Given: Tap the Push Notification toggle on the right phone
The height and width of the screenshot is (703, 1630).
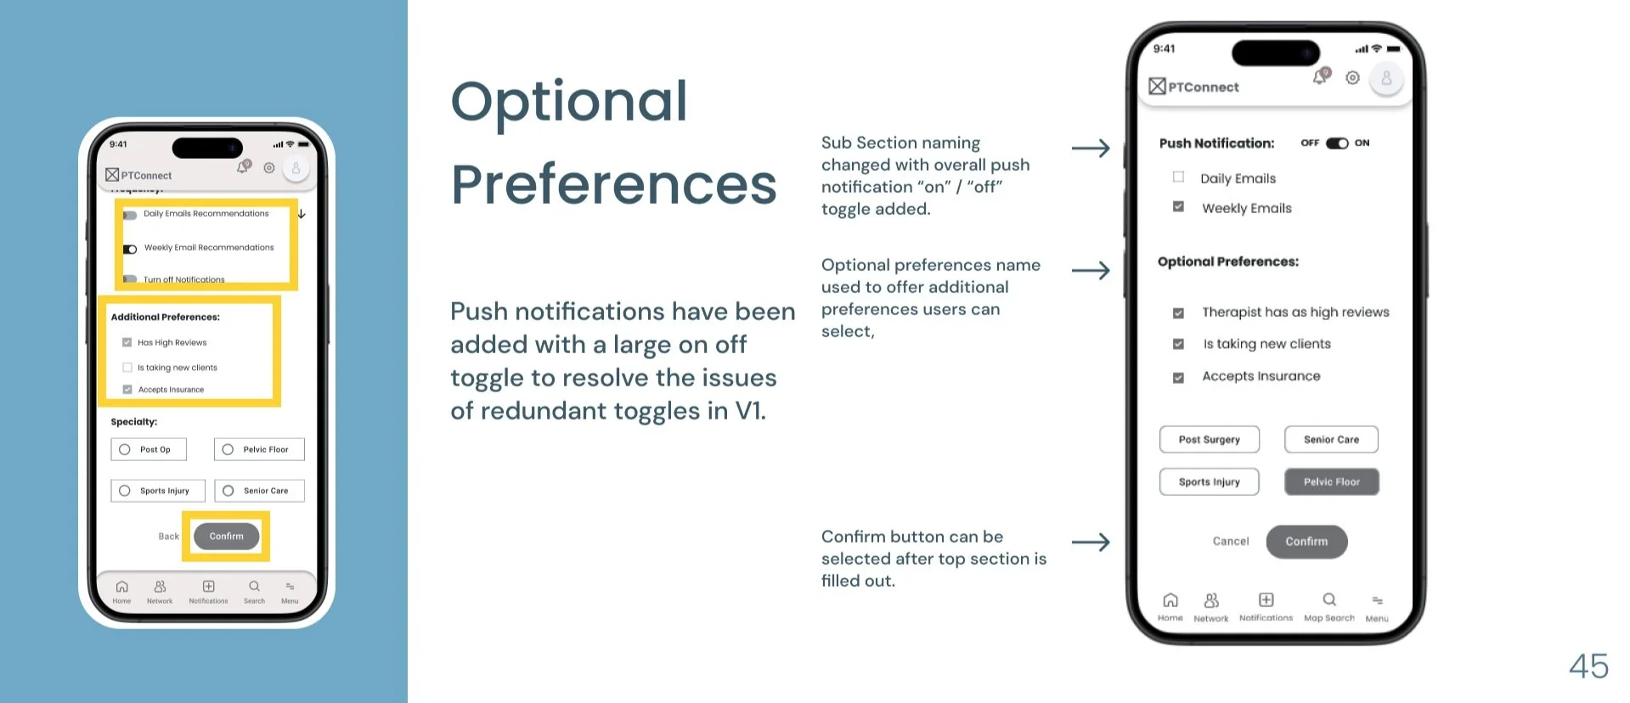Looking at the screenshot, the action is click(x=1337, y=143).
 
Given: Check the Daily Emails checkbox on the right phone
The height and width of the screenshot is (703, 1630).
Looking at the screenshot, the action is click(x=1178, y=177).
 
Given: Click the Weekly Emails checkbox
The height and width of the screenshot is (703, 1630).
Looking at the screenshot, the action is click(x=1178, y=207).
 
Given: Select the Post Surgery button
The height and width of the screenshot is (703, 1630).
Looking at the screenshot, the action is click(x=1209, y=440).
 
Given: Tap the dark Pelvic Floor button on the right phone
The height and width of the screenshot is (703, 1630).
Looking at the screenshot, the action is click(x=1331, y=482).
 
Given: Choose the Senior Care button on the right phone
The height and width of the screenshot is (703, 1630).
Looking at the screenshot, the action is click(x=1331, y=440).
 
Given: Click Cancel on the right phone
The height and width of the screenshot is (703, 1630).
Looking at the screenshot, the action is click(x=1230, y=542).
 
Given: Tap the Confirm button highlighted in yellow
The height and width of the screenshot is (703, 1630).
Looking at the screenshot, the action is click(x=226, y=537).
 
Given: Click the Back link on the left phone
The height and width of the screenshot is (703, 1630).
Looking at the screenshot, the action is click(x=168, y=537).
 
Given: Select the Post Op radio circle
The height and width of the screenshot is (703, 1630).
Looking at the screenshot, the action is click(x=125, y=449).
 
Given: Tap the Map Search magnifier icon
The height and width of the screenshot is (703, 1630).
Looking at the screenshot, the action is click(x=1329, y=599).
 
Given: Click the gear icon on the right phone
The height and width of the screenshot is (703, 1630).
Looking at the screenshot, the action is click(x=1352, y=78).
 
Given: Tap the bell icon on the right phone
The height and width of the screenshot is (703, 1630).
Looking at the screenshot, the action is click(x=1319, y=77).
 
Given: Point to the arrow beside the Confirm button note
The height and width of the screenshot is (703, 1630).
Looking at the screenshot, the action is click(x=1091, y=543).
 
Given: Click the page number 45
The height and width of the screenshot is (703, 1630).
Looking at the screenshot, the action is click(x=1588, y=666).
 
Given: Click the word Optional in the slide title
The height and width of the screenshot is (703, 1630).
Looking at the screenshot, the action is click(x=568, y=102).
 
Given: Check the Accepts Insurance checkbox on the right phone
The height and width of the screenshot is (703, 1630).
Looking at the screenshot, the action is click(x=1178, y=377).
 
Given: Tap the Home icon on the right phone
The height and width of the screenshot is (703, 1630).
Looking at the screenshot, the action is click(x=1170, y=600).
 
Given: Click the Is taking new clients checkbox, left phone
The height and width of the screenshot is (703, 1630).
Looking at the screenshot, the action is click(x=127, y=368).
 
